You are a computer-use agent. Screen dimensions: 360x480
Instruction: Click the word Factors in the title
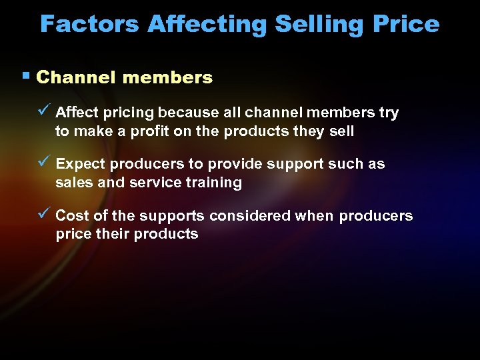coord(90,24)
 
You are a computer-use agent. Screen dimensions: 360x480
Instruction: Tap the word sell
coord(341,131)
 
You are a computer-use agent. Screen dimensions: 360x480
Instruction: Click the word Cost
coord(71,216)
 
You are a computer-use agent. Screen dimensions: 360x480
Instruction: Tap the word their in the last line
coord(108,234)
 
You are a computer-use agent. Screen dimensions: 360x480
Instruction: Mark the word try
coord(388,113)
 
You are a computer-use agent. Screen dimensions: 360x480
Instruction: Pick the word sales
coord(74,183)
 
